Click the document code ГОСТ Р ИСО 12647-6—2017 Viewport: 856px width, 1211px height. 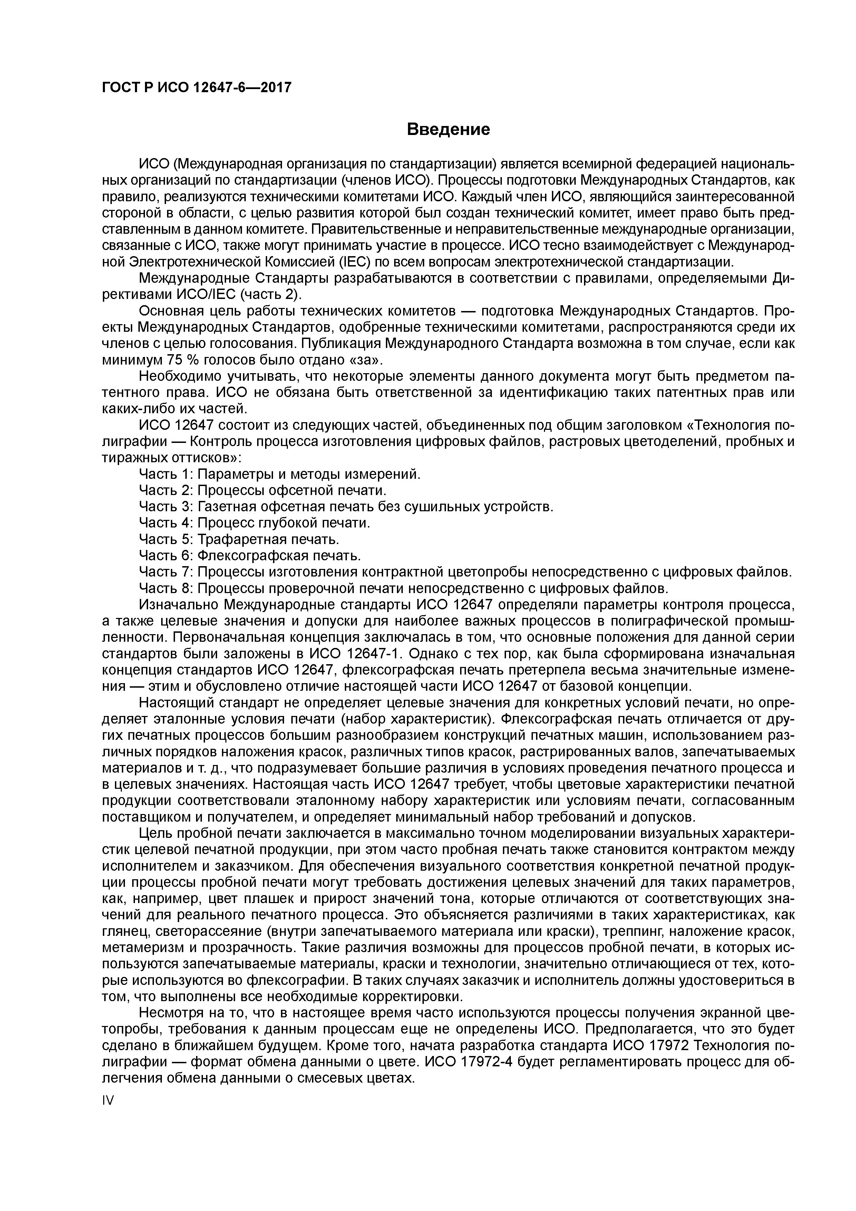[x=196, y=88]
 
